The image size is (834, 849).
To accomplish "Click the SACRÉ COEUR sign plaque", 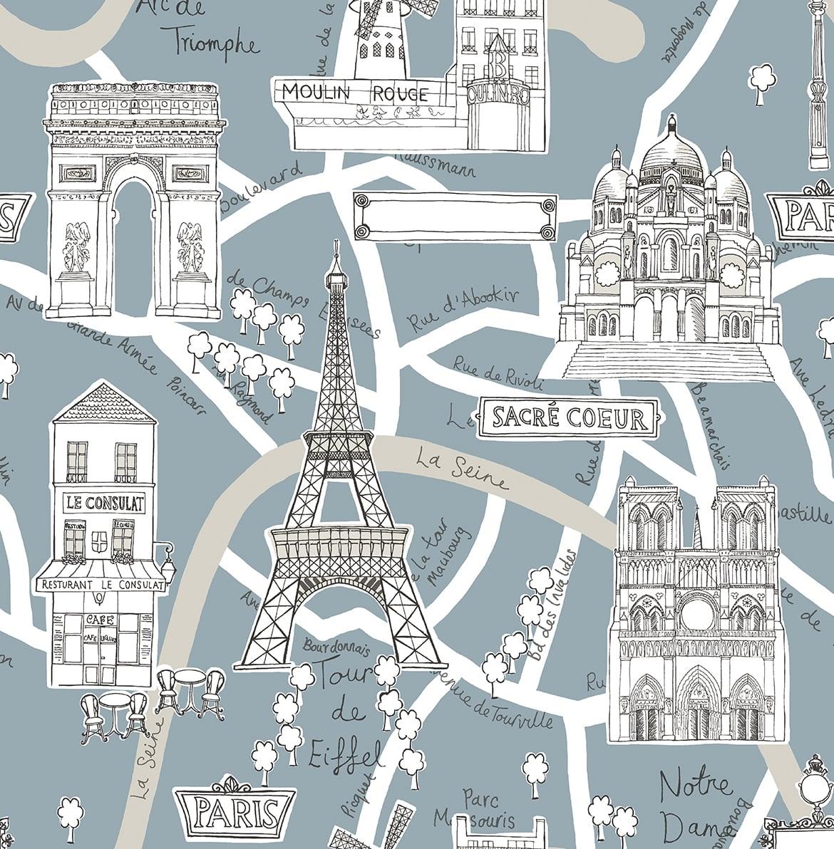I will click(x=568, y=417).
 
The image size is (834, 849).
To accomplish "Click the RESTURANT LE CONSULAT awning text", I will click(x=101, y=585).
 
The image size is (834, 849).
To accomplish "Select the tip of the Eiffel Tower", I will click(x=334, y=246).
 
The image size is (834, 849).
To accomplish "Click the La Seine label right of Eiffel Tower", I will click(x=461, y=469).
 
